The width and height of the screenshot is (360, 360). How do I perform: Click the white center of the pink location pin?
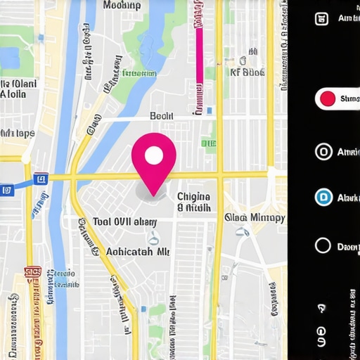click(154, 155)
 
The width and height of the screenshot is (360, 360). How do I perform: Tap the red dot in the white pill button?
click(327, 99)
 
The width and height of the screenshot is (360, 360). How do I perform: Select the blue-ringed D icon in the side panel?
click(323, 198)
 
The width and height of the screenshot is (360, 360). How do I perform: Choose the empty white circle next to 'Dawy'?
click(323, 245)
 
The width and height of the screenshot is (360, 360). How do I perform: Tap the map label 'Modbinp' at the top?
click(122, 6)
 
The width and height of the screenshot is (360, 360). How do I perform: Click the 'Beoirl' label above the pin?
click(162, 116)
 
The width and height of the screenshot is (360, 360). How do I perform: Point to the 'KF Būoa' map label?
click(247, 72)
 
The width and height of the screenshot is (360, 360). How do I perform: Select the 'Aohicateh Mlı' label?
click(137, 251)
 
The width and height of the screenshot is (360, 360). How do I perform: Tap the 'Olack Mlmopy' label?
click(255, 217)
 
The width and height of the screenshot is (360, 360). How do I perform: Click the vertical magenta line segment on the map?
click(200, 49)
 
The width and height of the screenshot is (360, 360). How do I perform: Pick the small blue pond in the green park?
click(10, 60)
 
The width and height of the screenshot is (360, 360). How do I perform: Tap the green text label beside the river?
click(140, 73)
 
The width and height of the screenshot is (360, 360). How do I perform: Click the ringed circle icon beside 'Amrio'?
click(323, 152)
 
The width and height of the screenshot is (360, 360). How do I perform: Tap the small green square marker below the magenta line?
click(209, 143)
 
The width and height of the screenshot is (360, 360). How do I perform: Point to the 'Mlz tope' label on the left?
click(18, 133)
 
